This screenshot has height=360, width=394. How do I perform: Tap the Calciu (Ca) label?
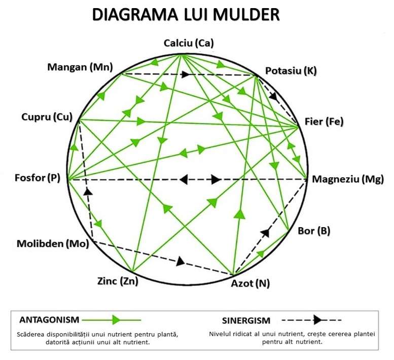click(189, 43)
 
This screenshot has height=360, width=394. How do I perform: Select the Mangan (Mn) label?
click(80, 67)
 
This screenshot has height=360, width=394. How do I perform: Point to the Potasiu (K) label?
click(291, 70)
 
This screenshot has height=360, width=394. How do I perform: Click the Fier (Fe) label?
click(324, 122)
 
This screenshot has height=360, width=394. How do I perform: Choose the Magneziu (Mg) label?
click(348, 178)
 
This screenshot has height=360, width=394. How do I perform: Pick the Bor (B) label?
click(314, 231)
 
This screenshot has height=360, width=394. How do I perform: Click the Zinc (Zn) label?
click(117, 281)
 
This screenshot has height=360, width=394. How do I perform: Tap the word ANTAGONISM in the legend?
click(49, 319)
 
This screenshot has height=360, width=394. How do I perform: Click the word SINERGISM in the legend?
click(246, 320)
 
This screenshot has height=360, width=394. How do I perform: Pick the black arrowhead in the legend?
click(317, 320)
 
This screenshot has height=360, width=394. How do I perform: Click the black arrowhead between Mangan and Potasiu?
click(186, 75)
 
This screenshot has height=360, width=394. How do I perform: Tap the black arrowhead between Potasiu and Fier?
click(274, 96)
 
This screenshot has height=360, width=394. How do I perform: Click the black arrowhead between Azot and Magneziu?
click(265, 233)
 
